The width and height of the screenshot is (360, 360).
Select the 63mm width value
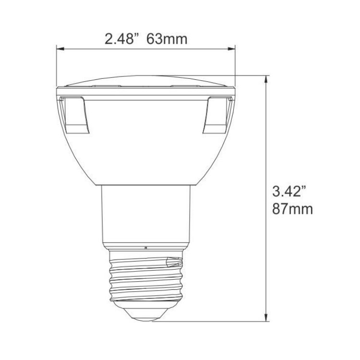167,37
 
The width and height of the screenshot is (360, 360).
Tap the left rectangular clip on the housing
75,115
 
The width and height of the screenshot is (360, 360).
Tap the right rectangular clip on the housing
216,115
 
